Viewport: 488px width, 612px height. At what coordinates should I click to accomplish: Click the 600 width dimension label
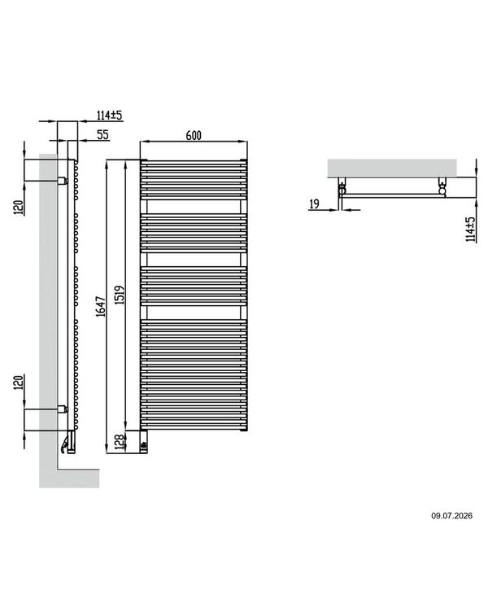pos(194,135)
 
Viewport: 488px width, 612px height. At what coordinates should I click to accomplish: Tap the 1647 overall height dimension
pos(101,306)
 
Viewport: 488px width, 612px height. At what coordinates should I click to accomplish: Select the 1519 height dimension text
pos(120,295)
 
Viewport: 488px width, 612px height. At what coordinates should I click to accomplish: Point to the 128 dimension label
pos(120,442)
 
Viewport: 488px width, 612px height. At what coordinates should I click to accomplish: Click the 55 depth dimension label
pos(102,134)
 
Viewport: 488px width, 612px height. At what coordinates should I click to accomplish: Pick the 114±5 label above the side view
pos(110,115)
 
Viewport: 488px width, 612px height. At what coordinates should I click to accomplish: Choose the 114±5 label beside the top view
pos(471,229)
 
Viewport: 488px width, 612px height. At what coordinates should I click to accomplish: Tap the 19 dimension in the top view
pos(314,203)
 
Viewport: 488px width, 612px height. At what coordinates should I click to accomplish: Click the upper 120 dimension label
pos(19,208)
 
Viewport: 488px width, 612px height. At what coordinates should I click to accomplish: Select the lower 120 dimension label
pos(19,382)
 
